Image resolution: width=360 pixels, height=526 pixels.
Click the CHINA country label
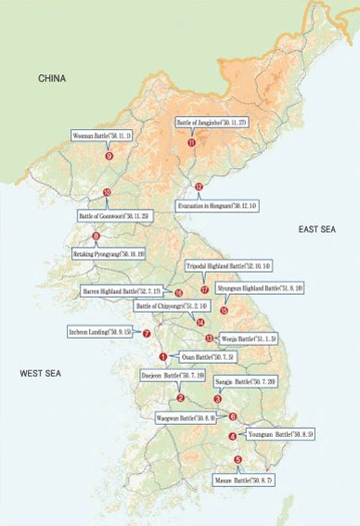pos(52,79)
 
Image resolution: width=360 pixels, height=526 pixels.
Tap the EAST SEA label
pos(319,228)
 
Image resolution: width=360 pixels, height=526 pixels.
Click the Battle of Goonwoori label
pos(114,215)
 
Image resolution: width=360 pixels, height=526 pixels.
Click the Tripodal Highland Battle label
pos(228,265)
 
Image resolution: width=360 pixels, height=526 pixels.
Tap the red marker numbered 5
pos(238,460)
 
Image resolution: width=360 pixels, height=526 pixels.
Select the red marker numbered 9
pos(109,156)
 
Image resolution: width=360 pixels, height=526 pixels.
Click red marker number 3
pos(217,399)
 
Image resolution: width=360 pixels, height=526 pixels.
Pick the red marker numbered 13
pos(209,339)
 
